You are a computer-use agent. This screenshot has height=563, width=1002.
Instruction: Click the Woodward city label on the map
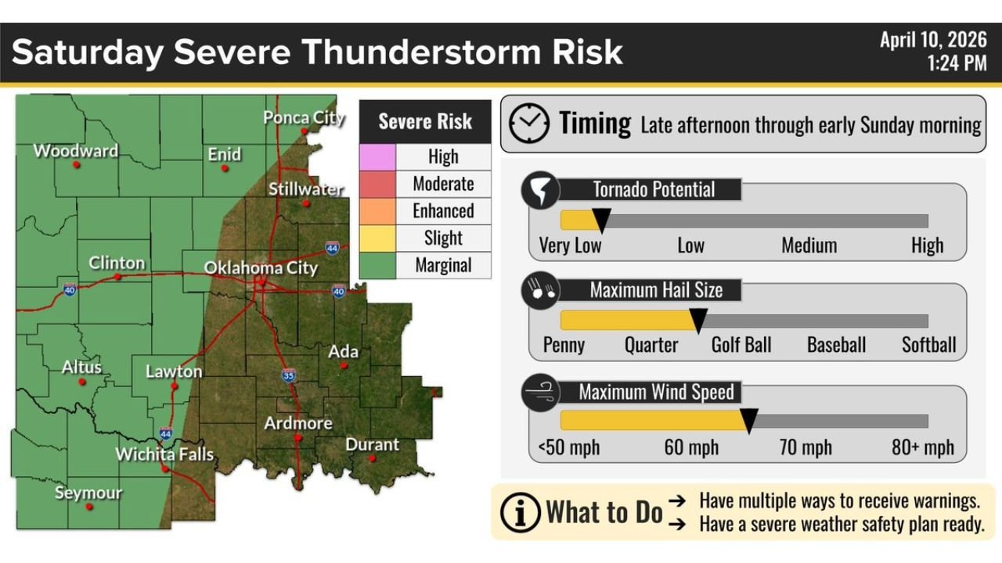[75, 151]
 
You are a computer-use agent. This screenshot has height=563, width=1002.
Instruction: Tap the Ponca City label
[304, 118]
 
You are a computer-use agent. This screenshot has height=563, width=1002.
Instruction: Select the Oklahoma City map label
[261, 268]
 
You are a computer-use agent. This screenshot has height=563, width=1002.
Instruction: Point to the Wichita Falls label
[164, 454]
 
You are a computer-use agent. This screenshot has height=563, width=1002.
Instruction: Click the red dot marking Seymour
[89, 507]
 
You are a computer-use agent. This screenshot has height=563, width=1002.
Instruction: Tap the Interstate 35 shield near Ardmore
[288, 375]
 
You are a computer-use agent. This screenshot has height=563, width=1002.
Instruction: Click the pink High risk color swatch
[377, 156]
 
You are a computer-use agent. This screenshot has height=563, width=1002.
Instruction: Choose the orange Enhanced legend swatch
[377, 211]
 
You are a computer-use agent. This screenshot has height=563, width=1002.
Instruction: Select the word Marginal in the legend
[443, 266]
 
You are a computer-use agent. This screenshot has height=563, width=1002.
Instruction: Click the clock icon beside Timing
[529, 124]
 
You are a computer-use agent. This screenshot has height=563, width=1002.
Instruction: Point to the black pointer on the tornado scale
[601, 220]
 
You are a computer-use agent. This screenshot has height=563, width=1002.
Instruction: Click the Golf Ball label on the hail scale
[741, 345]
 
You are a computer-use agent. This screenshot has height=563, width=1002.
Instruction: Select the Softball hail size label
[928, 345]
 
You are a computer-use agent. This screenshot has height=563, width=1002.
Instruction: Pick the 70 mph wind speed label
[806, 448]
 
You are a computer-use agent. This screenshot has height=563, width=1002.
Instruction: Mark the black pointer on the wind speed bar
[748, 420]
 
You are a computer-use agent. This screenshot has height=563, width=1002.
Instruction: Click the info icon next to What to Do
[520, 512]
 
